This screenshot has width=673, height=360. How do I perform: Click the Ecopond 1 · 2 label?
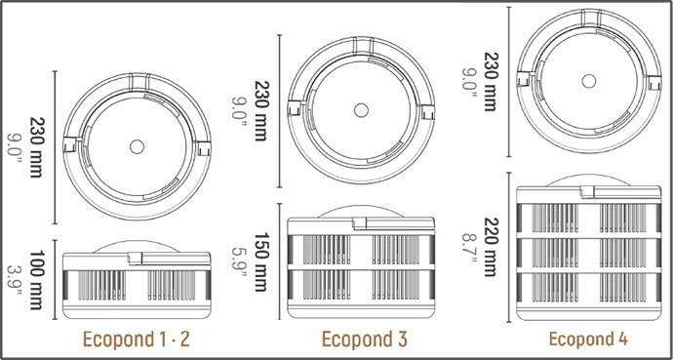tap(136, 340)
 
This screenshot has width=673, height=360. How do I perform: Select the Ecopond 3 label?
tap(364, 340)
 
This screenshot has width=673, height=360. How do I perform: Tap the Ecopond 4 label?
tap(588, 340)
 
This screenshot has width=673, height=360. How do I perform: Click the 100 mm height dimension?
tap(36, 280)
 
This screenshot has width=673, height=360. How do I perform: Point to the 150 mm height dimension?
tap(261, 261)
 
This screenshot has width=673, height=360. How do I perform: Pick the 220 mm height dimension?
tap(491, 247)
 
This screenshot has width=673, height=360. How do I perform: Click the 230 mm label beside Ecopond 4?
tap(491, 82)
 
